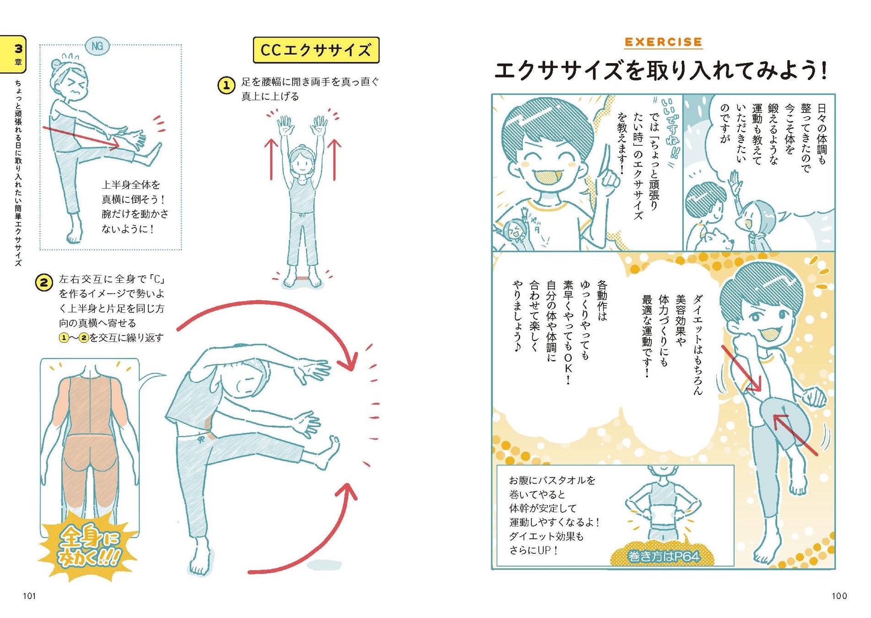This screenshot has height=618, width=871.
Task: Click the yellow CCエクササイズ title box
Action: (316, 50)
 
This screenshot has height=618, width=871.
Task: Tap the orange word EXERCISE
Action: (663, 42)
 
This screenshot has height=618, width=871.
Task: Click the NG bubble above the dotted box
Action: (97, 46)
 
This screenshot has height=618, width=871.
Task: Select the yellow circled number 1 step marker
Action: (226, 85)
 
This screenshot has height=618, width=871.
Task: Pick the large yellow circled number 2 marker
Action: (44, 282)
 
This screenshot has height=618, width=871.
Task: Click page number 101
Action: (29, 596)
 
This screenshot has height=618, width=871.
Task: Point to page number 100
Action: (839, 596)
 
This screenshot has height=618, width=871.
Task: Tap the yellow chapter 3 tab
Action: (13, 54)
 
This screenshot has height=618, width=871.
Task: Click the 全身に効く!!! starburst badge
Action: (88, 546)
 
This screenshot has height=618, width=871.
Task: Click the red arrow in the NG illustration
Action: (81, 137)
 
